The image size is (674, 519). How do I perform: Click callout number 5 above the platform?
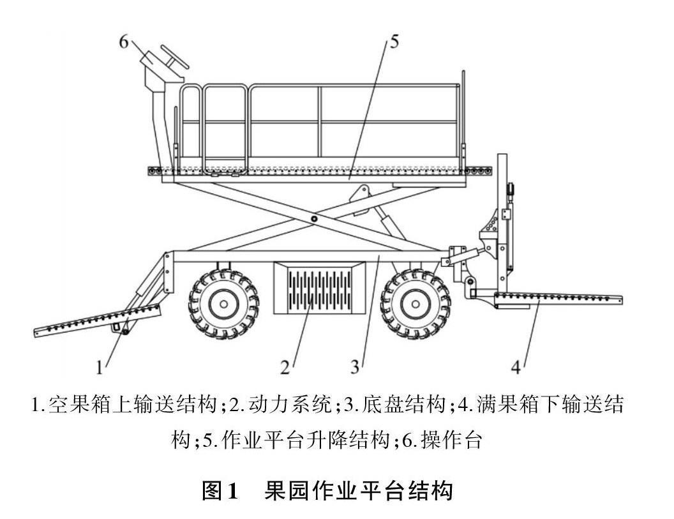[394, 42]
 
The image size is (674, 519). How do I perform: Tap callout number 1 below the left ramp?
[100, 366]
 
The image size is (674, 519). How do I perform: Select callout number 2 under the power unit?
[285, 366]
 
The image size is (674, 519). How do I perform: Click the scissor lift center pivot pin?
[315, 219]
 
